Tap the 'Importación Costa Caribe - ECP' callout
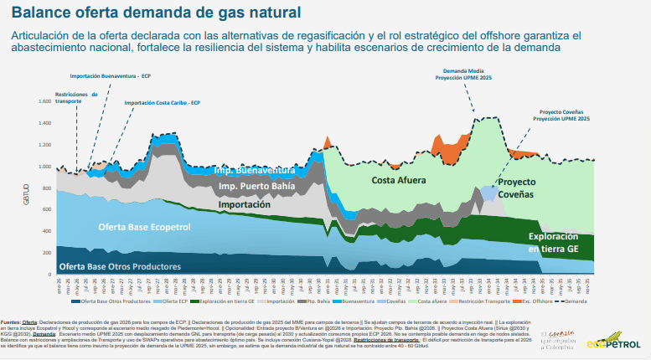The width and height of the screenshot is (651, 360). tap(162, 103)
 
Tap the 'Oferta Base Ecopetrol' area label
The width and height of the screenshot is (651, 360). tap(144, 227)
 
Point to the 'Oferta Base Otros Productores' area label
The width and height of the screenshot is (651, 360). tap(120, 266)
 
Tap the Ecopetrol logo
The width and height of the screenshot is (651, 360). tap(613, 343)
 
